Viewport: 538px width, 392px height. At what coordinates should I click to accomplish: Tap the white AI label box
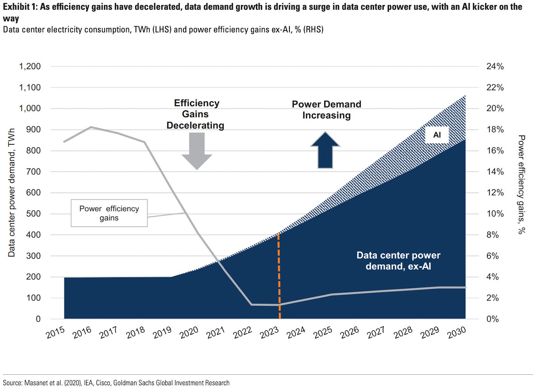point(437,135)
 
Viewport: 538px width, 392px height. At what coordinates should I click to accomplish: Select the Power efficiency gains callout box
point(109,213)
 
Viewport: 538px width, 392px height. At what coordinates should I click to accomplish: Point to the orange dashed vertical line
point(279,276)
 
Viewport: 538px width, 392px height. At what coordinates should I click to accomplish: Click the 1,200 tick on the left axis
point(30,66)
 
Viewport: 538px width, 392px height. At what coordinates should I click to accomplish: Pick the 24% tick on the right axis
point(495,66)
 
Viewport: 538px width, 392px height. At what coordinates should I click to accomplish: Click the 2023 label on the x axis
point(269,332)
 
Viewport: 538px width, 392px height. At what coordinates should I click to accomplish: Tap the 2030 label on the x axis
point(457,332)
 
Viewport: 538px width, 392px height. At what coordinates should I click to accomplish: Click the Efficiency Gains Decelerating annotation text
point(196,114)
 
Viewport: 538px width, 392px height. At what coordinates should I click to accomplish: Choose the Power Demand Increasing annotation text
point(326,110)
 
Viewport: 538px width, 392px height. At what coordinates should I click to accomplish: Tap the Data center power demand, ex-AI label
point(398,261)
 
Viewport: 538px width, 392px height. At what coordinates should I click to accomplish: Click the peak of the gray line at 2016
point(91,127)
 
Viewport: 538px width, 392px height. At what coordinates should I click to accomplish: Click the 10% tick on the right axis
point(495,214)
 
